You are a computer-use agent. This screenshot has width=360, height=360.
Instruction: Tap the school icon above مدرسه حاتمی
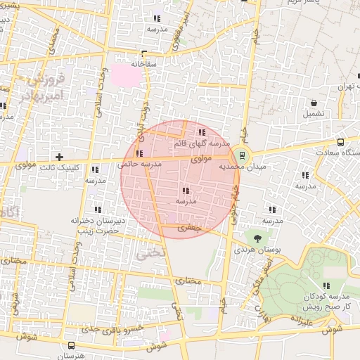[x=139, y=153]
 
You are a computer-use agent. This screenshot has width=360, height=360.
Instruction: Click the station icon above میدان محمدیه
[x=243, y=155]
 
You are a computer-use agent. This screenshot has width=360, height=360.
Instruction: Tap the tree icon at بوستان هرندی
[x=257, y=238]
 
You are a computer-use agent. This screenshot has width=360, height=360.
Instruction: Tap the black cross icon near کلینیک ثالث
[x=59, y=157]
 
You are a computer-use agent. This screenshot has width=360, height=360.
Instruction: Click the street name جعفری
[x=189, y=228]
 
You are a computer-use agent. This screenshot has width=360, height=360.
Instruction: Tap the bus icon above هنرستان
[x=72, y=346]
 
